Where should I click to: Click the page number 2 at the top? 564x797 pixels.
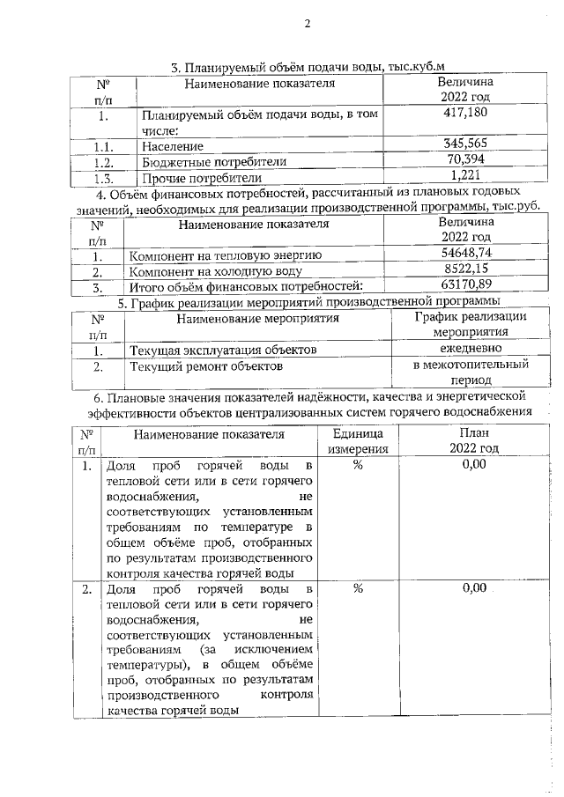[x=308, y=24]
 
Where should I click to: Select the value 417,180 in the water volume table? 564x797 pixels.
[x=464, y=112]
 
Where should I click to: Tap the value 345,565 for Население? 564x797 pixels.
[x=464, y=144]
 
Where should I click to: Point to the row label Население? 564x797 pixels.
[x=173, y=146]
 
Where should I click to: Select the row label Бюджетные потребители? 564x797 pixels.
[x=214, y=162]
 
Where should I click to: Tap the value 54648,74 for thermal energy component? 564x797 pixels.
[x=465, y=254]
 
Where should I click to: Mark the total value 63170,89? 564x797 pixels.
[x=465, y=285]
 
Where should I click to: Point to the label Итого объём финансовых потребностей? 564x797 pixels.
[x=246, y=287]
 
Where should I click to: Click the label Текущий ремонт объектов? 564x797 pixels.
[x=206, y=365]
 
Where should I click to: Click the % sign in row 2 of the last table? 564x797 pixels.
[x=358, y=588]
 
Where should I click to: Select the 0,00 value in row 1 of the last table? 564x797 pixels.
[x=474, y=465]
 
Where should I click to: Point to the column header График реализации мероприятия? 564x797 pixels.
[x=471, y=324]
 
